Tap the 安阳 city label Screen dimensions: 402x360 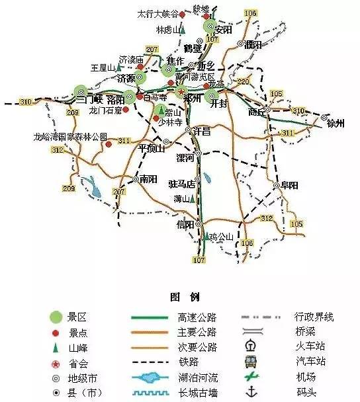224,30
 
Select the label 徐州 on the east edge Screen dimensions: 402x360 336,124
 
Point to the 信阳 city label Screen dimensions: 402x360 186,225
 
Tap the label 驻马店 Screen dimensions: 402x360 182,183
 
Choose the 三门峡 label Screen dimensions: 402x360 89,100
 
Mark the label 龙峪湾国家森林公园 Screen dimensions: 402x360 71,137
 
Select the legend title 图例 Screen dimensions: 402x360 180,296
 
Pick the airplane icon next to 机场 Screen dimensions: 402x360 251,378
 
